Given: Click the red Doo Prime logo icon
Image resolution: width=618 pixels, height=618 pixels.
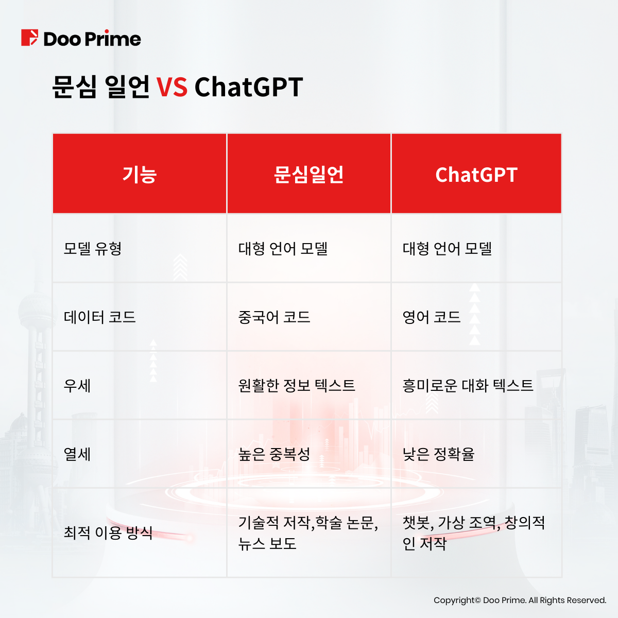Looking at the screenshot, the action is (29, 38).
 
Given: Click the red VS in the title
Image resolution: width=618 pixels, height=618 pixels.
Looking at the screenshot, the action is (172, 87).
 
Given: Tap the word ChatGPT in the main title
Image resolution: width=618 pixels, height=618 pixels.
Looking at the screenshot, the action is (249, 87).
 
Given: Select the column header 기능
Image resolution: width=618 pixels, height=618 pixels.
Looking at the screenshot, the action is (140, 175).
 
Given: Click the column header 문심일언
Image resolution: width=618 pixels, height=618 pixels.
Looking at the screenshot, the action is (308, 175).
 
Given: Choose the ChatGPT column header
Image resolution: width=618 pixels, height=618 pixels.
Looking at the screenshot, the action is (476, 175).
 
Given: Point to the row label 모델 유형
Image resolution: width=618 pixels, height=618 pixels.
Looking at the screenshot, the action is (93, 249).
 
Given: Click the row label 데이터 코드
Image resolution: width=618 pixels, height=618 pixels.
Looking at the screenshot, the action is (100, 317).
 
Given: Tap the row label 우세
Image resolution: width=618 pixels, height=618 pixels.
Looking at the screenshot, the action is (77, 385).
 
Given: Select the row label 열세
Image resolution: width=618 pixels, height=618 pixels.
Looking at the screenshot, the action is (77, 454).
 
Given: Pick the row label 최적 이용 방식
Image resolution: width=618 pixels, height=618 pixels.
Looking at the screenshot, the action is (108, 533).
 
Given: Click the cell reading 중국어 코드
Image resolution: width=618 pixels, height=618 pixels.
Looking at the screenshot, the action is (274, 317).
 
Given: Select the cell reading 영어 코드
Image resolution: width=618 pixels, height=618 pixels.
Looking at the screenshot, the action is (432, 317).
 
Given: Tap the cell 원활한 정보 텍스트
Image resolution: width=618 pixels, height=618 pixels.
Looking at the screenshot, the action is (297, 385).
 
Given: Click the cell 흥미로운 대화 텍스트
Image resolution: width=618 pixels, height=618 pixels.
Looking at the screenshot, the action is (468, 385).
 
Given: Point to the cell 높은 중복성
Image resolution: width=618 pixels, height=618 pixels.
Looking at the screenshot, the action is (274, 454).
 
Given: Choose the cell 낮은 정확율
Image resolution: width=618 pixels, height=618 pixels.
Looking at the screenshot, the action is (438, 454).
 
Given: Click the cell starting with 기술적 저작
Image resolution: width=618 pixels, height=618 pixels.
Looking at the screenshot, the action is (308, 533).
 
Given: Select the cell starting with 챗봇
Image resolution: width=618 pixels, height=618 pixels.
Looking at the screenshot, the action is (474, 533).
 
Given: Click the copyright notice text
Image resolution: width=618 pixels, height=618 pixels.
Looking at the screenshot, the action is (520, 600).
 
